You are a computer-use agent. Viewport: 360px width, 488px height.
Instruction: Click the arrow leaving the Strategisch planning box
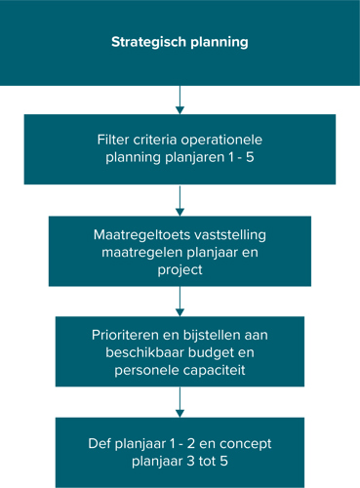tap(180, 101)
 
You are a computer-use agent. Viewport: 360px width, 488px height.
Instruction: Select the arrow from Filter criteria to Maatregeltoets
tap(180, 201)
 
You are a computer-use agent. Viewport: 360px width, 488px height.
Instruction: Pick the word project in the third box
tap(180, 271)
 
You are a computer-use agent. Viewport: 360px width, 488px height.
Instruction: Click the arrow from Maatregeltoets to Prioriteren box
tap(180, 302)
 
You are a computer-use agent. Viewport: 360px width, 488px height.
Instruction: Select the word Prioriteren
tap(122, 334)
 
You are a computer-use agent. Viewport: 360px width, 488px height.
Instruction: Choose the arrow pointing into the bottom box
tap(180, 402)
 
